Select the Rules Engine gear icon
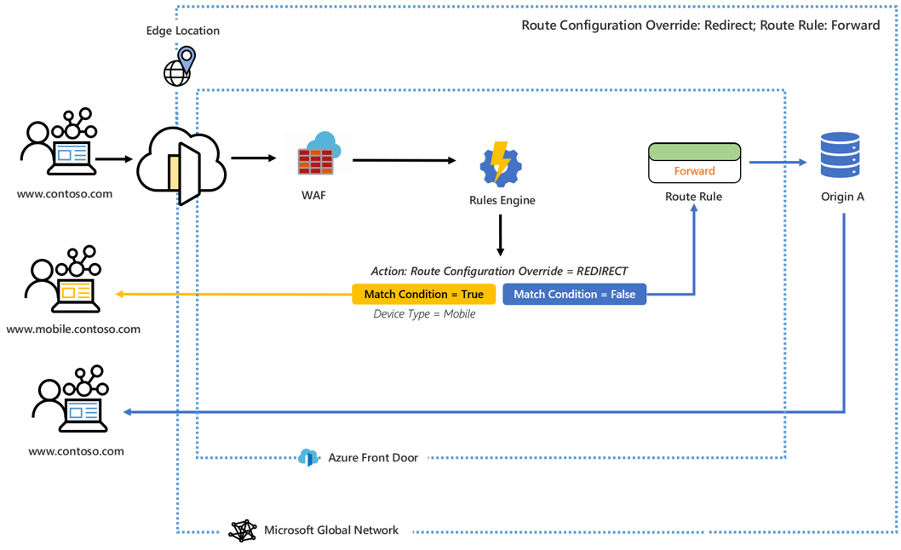point(501,163)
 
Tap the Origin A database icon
point(840,155)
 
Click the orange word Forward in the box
point(694,171)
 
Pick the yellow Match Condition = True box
point(423,294)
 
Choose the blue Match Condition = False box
point(574,294)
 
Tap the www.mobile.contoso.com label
point(73,329)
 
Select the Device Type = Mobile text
point(424,314)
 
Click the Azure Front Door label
point(373,458)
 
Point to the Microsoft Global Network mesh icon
point(243,530)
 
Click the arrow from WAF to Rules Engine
point(404,160)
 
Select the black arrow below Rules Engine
point(500,235)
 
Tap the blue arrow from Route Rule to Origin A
point(778,162)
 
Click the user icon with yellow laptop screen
point(64,281)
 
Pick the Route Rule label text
point(693,197)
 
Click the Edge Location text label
point(182,31)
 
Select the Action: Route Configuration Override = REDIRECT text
point(499,271)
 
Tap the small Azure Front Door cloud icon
point(308,458)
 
